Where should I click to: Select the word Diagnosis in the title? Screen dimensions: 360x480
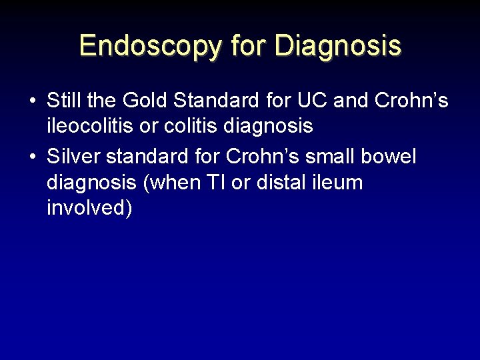pyautogui.click(x=337, y=45)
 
